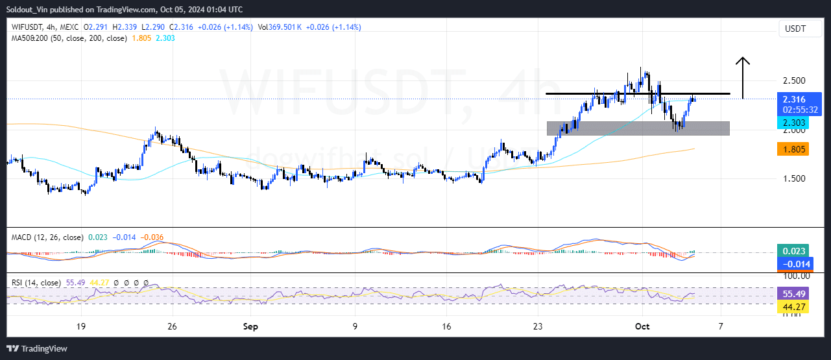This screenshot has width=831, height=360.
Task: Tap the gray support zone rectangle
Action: point(638,128)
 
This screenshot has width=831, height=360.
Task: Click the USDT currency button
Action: point(795,29)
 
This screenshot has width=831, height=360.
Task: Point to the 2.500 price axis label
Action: point(795,80)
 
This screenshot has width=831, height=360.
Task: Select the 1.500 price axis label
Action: point(795,178)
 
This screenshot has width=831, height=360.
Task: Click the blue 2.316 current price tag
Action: point(794,99)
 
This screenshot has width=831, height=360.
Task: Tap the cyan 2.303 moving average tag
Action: point(794,122)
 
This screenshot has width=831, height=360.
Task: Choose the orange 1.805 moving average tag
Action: point(794,149)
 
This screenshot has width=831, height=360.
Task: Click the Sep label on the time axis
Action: point(250,327)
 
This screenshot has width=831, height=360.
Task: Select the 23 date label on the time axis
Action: point(538,327)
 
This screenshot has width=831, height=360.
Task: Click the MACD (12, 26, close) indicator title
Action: point(47,237)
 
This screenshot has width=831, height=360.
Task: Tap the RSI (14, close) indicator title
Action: point(36,283)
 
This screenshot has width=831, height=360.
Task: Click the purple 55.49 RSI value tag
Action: point(794,293)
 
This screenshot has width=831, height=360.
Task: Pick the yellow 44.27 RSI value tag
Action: point(794,307)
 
